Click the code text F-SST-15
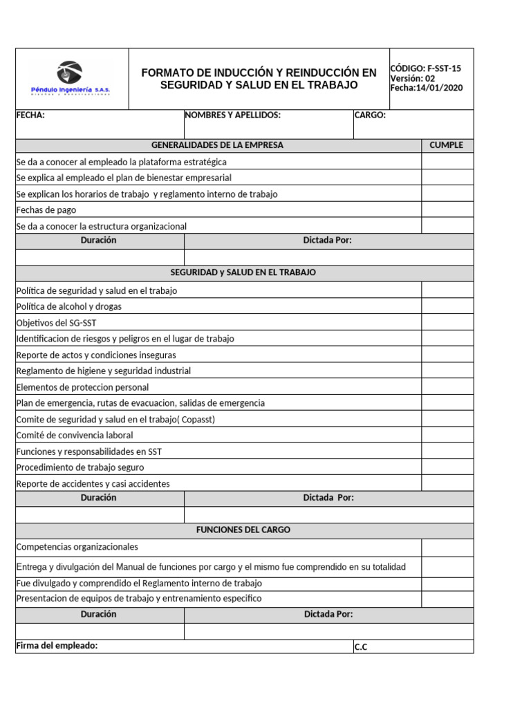(444, 68)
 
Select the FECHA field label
(30, 115)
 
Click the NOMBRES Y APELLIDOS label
(233, 115)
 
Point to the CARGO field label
(370, 115)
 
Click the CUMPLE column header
(447, 145)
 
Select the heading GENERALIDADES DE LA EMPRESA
(217, 145)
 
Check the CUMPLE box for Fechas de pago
(447, 209)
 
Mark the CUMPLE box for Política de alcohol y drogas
(447, 306)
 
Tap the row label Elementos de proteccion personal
(82, 387)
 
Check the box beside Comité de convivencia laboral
(447, 435)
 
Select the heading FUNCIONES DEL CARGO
(243, 530)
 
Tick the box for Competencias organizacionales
(447, 548)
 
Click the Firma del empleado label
(57, 646)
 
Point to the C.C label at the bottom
(361, 647)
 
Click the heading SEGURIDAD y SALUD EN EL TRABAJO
(243, 272)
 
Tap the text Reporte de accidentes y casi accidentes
(93, 484)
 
